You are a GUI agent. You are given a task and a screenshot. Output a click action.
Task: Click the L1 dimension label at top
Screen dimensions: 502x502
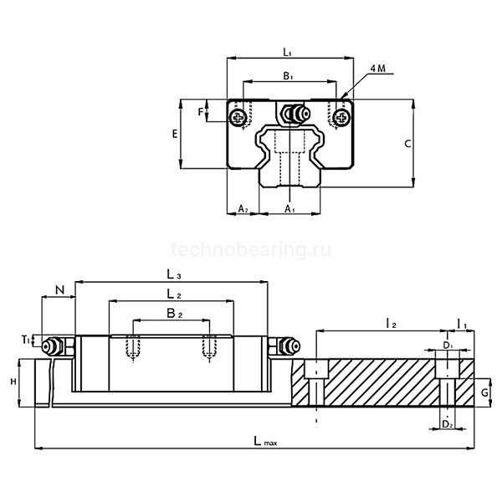pyautogui.click(x=287, y=52)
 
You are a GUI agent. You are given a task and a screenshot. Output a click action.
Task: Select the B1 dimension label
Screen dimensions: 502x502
pyautogui.click(x=287, y=76)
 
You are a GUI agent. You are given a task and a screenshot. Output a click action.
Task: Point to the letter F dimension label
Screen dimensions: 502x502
pyautogui.click(x=200, y=110)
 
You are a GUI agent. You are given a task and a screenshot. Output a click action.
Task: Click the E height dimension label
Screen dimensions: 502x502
pyautogui.click(x=174, y=134)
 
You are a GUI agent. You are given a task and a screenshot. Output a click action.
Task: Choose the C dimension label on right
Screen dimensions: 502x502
pyautogui.click(x=407, y=144)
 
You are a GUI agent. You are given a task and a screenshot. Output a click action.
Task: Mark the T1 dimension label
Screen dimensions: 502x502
pyautogui.click(x=27, y=340)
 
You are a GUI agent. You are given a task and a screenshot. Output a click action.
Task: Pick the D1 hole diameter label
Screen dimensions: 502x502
pyautogui.click(x=448, y=344)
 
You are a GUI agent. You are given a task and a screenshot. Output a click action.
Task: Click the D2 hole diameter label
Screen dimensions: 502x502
pyautogui.click(x=448, y=424)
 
